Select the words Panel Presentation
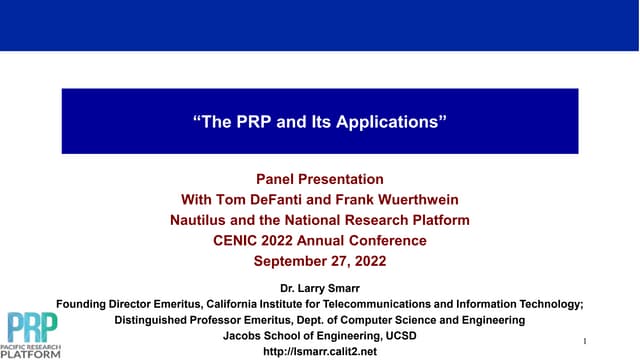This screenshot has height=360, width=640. pyautogui.click(x=320, y=179)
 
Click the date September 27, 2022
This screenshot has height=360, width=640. pyautogui.click(x=320, y=261)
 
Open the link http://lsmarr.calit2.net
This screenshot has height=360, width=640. pyautogui.click(x=320, y=352)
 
